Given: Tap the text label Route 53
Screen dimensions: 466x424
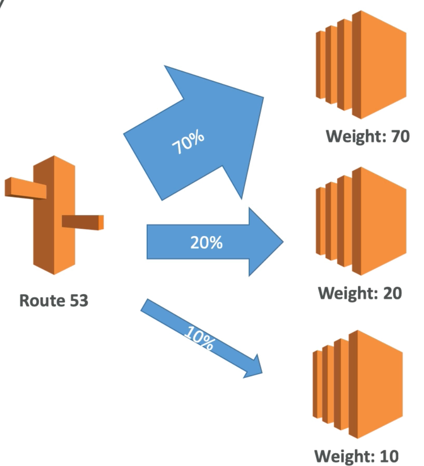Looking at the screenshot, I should click(x=54, y=300).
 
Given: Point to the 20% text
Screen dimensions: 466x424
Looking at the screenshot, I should click(x=206, y=243).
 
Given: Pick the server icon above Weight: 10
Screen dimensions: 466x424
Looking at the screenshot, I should click(x=358, y=385).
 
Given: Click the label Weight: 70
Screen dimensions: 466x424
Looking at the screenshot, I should click(x=367, y=136).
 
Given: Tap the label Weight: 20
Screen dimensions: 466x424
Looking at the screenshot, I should click(x=360, y=293).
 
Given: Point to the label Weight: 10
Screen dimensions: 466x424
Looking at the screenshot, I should click(x=356, y=455).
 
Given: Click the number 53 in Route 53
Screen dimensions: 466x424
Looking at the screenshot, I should click(x=78, y=300).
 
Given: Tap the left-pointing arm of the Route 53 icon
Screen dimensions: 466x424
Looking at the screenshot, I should click(x=25, y=188).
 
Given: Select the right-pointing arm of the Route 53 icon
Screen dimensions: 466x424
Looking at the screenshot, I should click(x=83, y=221).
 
